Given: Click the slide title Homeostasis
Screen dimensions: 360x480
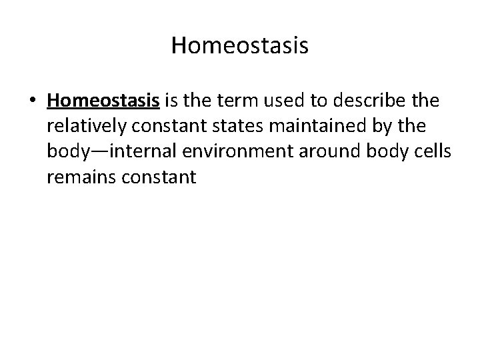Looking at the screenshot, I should coord(239,45).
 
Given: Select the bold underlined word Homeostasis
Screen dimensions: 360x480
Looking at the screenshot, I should coord(103,101).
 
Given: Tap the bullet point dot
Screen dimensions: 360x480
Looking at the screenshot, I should coord(32,102).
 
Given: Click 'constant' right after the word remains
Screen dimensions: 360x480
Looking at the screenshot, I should coord(156,177).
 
